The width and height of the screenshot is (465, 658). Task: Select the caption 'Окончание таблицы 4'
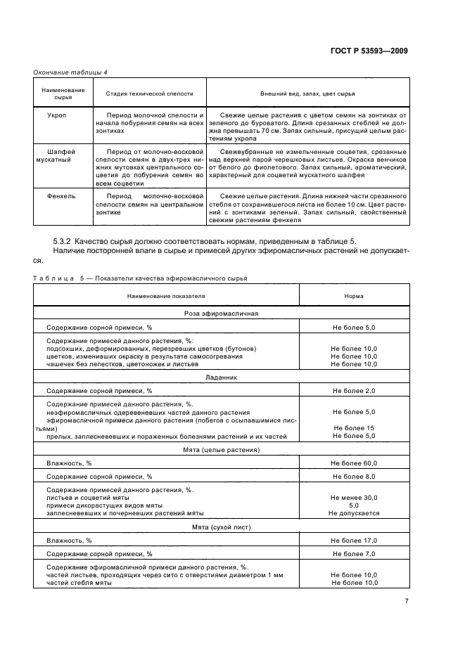pos(70,72)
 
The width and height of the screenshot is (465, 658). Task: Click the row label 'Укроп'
pos(56,115)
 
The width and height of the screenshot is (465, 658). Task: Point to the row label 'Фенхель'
pos(61,195)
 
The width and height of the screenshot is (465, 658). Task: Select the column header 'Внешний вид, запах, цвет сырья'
pos(308,93)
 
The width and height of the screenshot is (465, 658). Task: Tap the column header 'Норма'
pos(354,296)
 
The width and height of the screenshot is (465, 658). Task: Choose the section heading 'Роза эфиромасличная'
pos(222,313)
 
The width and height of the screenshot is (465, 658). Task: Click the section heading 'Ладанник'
pos(222,377)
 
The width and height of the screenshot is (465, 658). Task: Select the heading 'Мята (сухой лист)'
pos(222,526)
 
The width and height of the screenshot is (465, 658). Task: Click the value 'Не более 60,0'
pos(354,463)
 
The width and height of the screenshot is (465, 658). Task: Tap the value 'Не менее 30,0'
pos(354,497)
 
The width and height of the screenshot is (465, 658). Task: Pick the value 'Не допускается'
pos(354,512)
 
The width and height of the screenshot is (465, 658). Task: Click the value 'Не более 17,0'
pos(354,541)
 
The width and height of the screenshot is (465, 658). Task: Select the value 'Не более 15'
pos(354,428)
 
